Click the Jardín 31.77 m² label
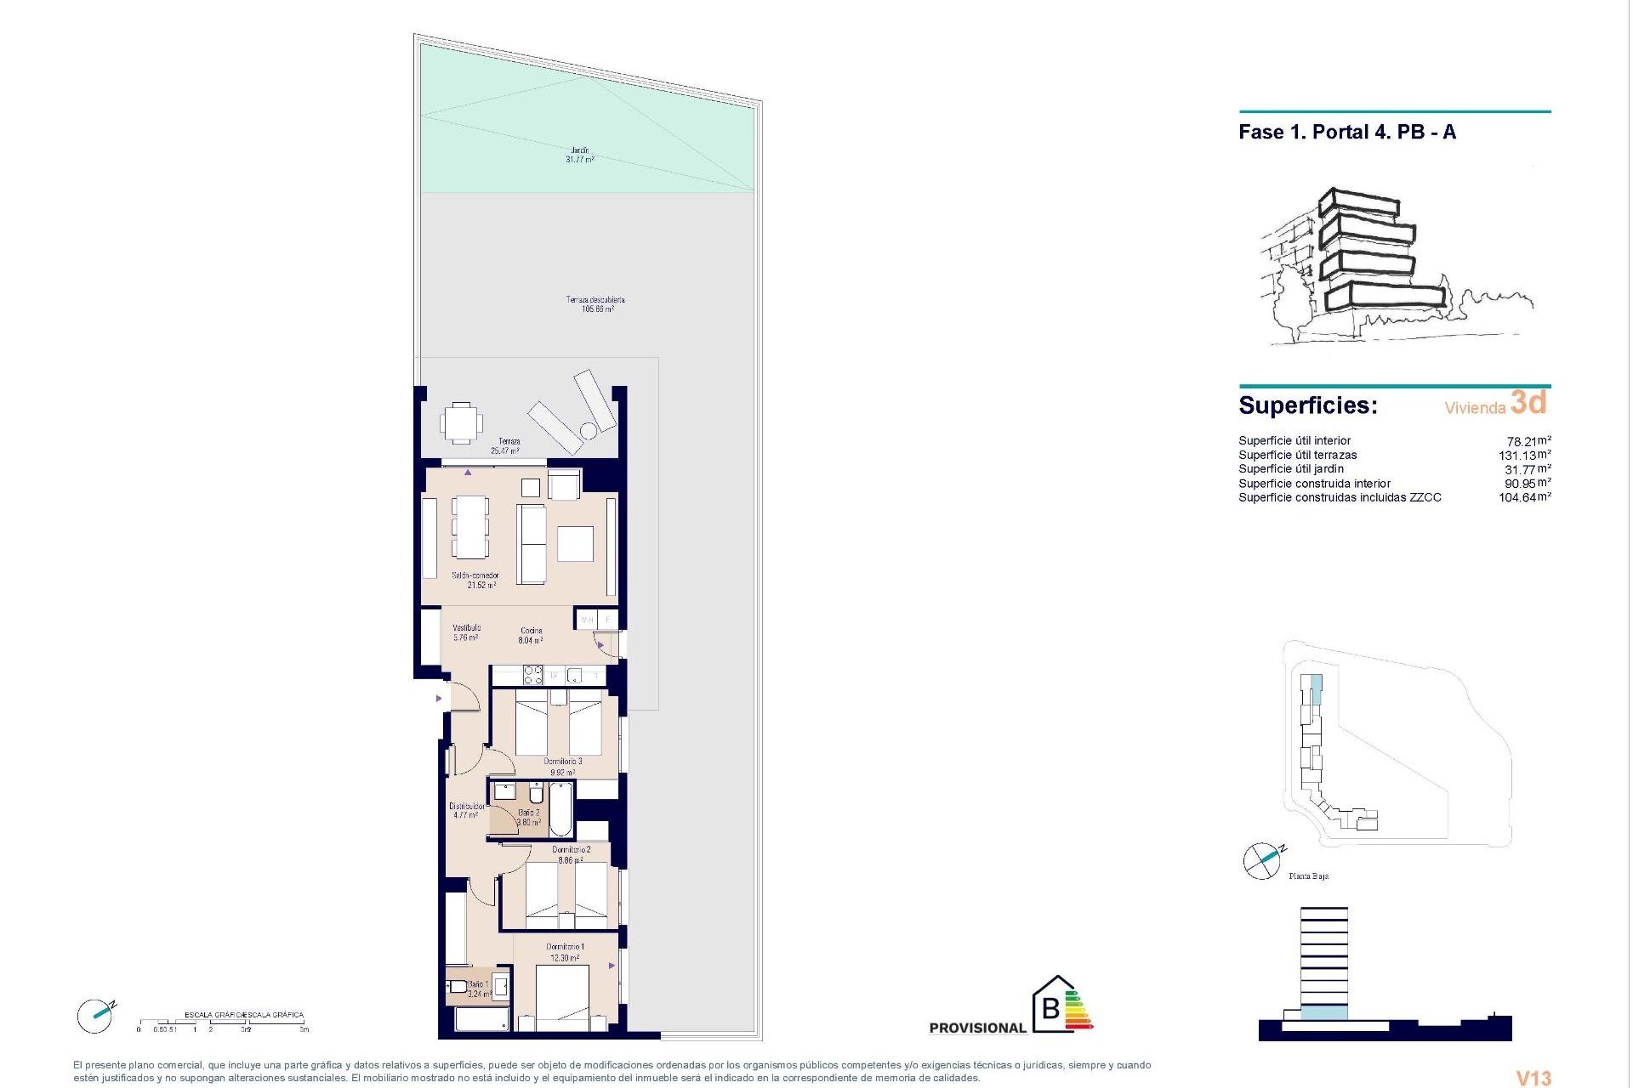(x=580, y=155)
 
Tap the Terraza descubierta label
(x=596, y=304)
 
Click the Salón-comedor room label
(x=475, y=581)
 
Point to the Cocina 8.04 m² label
(x=532, y=636)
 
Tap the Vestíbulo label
(x=466, y=632)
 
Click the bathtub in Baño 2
(x=560, y=809)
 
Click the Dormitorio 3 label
(x=563, y=767)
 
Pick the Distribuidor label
(x=466, y=810)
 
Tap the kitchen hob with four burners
(x=532, y=676)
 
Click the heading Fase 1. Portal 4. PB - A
(x=1347, y=133)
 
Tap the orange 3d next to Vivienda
(x=1528, y=403)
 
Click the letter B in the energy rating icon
(x=1051, y=1009)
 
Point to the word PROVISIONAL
(x=977, y=1028)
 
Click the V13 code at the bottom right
(x=1534, y=1078)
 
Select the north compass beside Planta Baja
(x=1262, y=861)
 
